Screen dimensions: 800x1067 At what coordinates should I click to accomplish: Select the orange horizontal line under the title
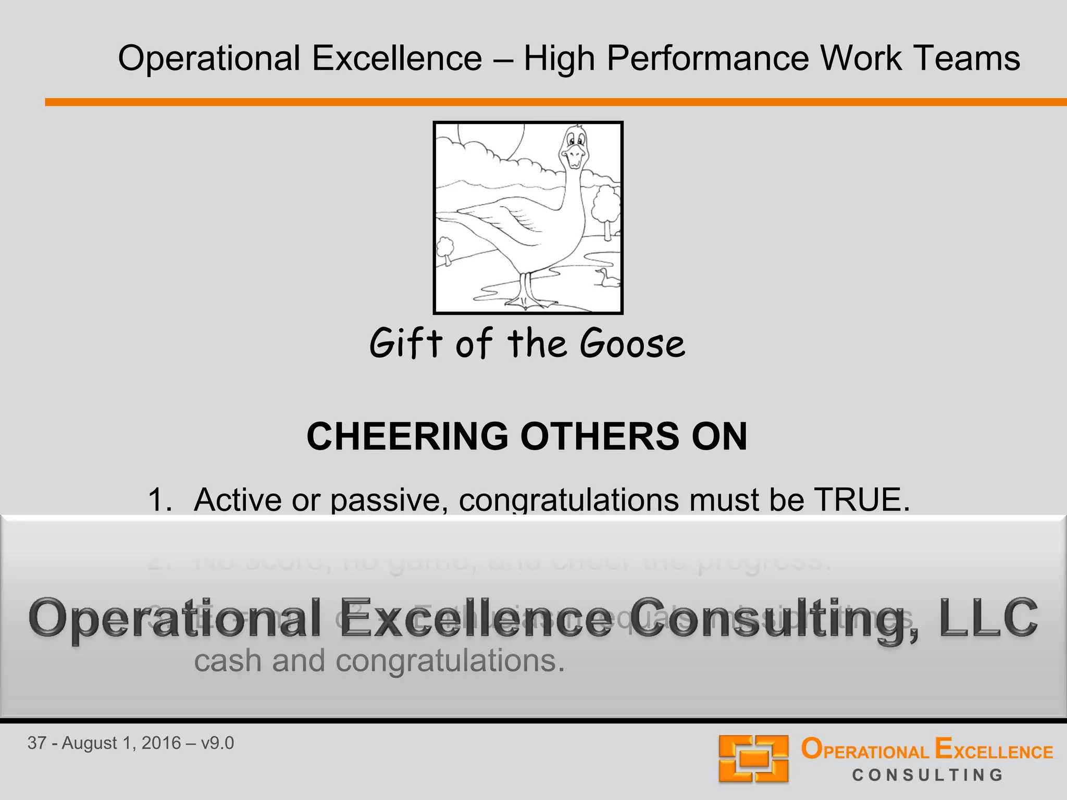pos(555,102)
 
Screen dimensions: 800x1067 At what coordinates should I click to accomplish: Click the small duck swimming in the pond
pos(607,278)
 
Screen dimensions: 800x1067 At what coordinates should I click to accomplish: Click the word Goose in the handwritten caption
pos(632,344)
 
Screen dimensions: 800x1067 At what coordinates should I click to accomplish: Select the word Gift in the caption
pos(406,344)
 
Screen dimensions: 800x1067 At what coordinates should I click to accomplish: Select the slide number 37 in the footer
pos(37,743)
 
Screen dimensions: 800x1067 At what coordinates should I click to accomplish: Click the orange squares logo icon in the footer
pos(753,758)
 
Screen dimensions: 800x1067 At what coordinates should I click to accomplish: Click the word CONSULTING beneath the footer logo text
pos(927,776)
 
